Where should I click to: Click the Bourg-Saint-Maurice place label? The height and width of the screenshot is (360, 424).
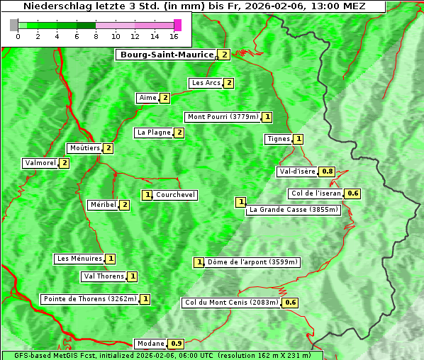point(167,55)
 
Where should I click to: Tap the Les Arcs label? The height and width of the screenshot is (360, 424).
point(206,83)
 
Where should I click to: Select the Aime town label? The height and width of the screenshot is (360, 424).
point(147,98)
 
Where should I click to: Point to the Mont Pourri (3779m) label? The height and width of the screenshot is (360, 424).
point(222,117)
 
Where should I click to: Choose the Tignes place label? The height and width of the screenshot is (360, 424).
point(278,139)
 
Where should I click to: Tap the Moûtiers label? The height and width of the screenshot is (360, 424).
point(84,148)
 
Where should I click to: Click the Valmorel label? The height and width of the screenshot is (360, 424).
point(40,163)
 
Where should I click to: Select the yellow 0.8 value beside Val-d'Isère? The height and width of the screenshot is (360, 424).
point(327,171)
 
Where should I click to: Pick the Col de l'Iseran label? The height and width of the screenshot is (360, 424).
point(316,193)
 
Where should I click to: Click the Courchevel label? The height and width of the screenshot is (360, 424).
point(176,195)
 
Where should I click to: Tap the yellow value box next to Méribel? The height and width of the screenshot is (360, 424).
point(125,205)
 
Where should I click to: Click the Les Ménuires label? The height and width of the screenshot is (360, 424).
point(79,259)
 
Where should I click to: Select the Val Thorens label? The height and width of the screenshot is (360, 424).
point(104,276)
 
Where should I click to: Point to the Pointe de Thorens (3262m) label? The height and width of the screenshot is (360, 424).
point(89,299)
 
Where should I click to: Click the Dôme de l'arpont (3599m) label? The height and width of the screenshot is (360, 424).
point(252,262)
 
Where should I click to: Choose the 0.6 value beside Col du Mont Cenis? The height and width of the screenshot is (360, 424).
point(290,303)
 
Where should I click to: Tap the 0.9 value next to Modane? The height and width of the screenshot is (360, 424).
point(177,344)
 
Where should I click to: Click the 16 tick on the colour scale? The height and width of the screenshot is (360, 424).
point(174,36)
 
